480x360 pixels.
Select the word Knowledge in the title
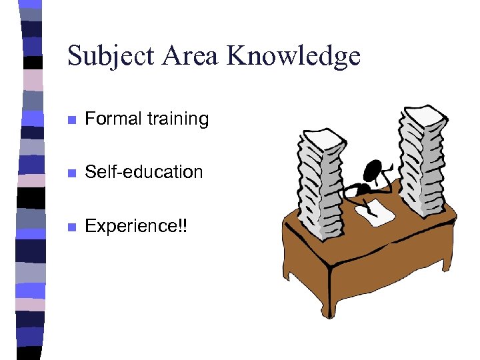pyautogui.click(x=293, y=57)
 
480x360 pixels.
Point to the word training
pyautogui.click(x=178, y=119)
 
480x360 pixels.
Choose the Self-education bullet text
pyautogui.click(x=144, y=172)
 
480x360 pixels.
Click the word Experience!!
pyautogui.click(x=137, y=226)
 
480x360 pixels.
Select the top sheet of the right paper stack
pyautogui.click(x=419, y=114)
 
